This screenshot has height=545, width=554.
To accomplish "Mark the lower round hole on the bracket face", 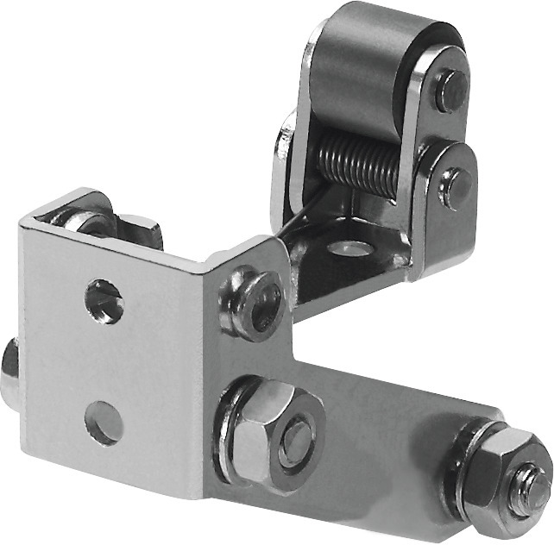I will (104, 423).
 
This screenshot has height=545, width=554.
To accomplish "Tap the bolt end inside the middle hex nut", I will (296, 438).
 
